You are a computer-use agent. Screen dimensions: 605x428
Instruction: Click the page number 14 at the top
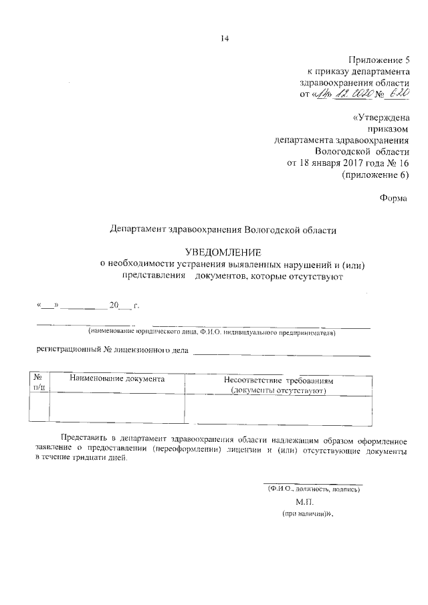[x=225, y=39]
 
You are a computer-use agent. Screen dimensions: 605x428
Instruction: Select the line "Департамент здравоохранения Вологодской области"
[x=223, y=229]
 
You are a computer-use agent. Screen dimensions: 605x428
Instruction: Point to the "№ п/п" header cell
[x=39, y=382]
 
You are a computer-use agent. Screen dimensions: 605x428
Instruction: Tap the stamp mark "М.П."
[x=304, y=501]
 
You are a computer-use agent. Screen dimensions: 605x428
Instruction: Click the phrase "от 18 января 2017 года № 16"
[x=347, y=162]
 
